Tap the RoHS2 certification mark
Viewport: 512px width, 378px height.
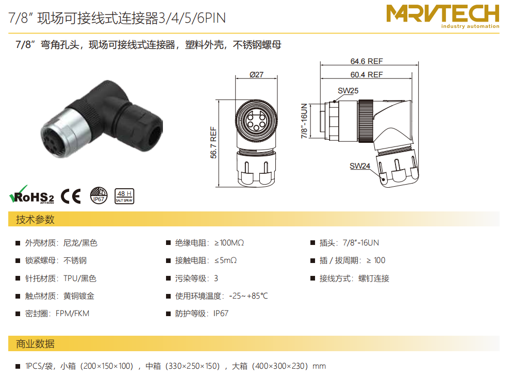pos(31,195)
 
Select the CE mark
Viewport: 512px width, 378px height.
pos(71,196)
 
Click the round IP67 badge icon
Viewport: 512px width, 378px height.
pos(98,195)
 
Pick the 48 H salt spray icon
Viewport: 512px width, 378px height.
pos(124,196)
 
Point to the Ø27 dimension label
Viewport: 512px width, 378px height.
pos(256,75)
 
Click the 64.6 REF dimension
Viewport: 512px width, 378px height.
pos(367,61)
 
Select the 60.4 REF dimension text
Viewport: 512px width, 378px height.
pos(367,75)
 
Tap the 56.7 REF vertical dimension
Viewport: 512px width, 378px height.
pos(213,142)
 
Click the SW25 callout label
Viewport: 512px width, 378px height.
pos(348,90)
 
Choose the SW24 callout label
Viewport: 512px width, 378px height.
pos(359,166)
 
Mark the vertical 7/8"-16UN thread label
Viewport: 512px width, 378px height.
pos(304,121)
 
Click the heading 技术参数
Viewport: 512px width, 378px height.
pos(35,219)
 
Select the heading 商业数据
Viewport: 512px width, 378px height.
pos(35,343)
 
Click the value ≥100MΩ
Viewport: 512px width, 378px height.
pos(229,243)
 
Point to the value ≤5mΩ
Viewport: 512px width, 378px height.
pos(225,260)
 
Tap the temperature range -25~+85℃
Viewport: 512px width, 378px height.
pos(248,296)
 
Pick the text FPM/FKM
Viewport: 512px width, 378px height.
pos(72,314)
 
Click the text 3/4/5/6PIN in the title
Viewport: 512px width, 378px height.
pos(192,18)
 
